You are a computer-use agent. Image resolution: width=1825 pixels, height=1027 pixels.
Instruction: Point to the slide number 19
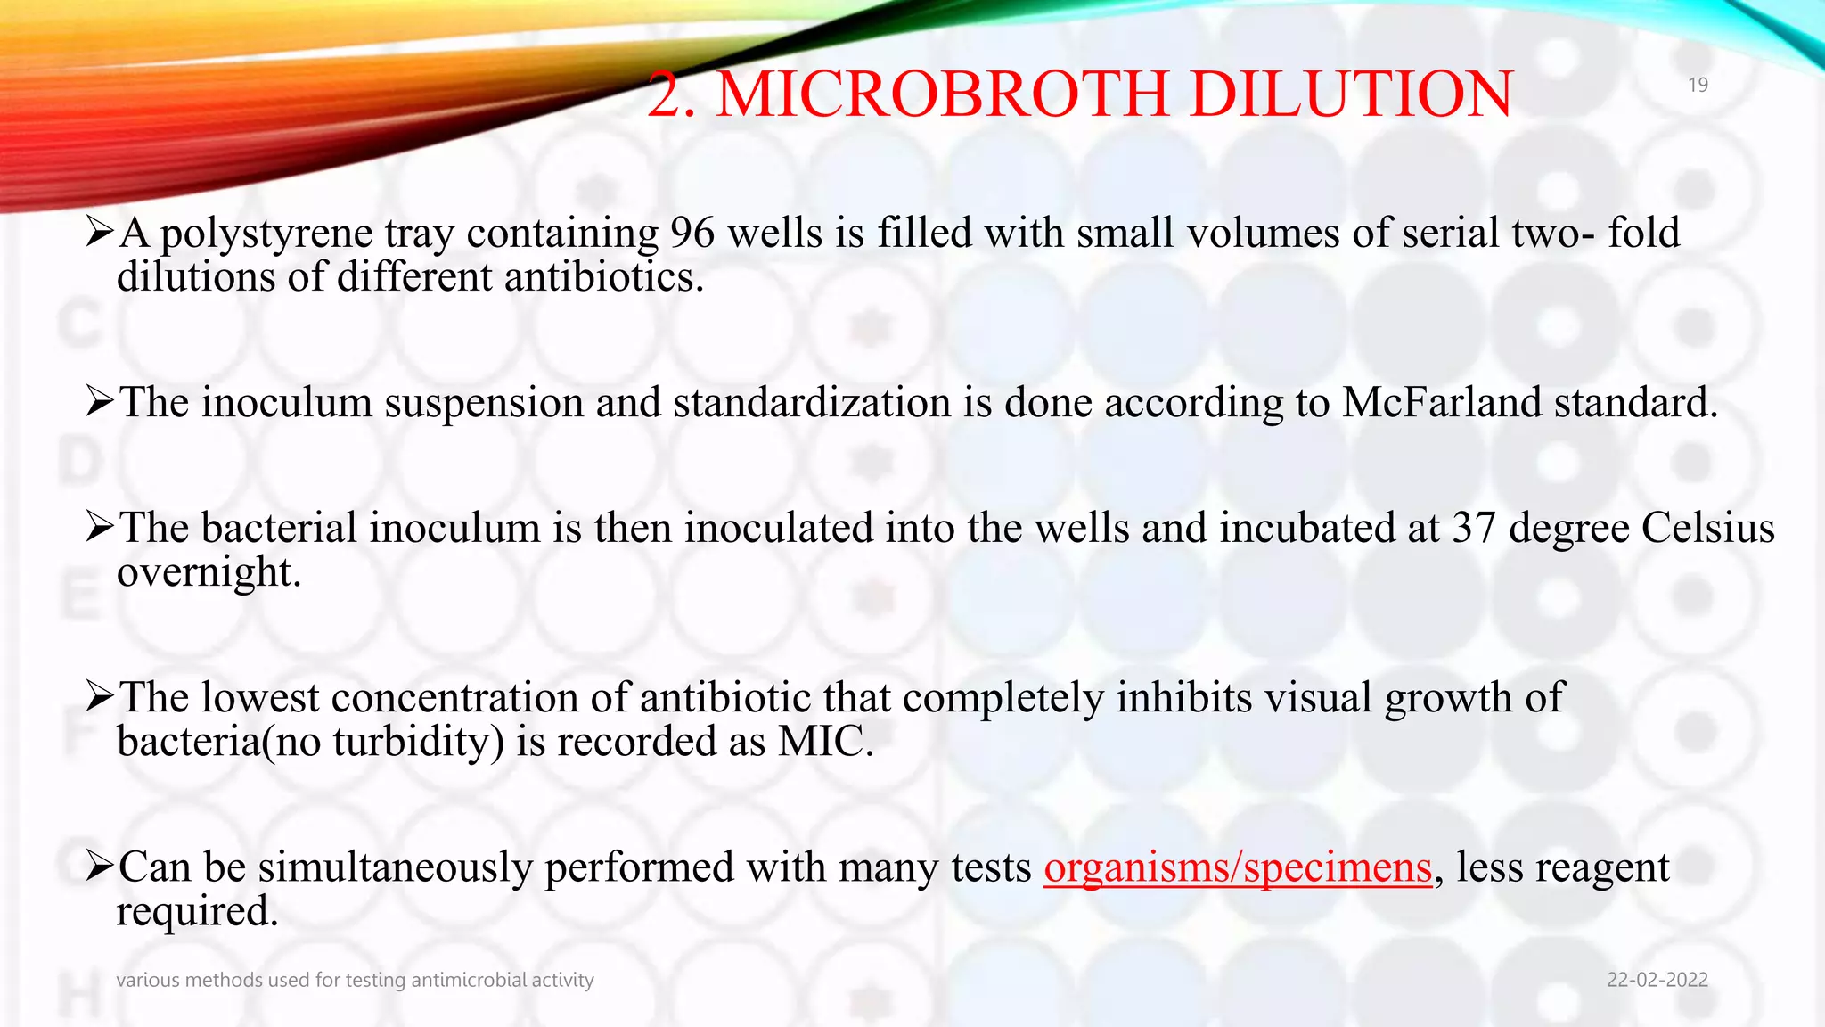(1698, 85)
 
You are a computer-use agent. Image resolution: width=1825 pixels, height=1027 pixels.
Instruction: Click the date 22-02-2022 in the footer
(1657, 980)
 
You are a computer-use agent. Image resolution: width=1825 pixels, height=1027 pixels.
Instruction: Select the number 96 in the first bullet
(692, 234)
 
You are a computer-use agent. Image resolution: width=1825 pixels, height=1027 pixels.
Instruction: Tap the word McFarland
(1441, 403)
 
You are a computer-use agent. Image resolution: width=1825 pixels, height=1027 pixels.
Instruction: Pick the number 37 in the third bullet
(1474, 528)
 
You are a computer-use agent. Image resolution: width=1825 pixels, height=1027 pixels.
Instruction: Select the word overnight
(209, 573)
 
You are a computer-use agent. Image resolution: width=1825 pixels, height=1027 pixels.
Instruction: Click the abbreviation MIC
(824, 742)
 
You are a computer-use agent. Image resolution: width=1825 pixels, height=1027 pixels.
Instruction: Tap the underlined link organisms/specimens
(1238, 867)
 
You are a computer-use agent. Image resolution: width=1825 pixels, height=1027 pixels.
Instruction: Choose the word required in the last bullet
(197, 912)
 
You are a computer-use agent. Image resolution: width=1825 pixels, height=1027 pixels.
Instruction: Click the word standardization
(812, 403)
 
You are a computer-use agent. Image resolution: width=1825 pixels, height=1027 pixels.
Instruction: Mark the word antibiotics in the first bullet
(603, 277)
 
